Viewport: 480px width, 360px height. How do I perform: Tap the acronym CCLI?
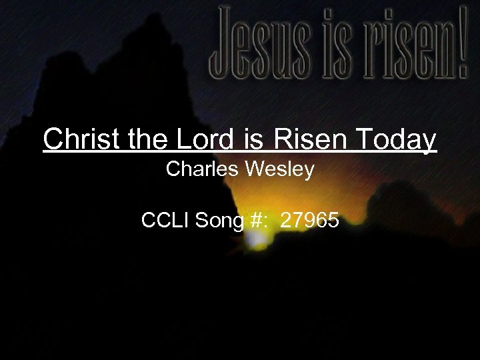pyautogui.click(x=165, y=220)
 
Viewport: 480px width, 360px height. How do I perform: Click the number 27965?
pyautogui.click(x=310, y=220)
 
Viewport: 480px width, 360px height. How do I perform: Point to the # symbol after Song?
pyautogui.click(x=253, y=220)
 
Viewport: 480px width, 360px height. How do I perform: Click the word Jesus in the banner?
pyautogui.click(x=262, y=41)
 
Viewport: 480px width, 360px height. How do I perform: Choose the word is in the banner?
pyautogui.click(x=331, y=41)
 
